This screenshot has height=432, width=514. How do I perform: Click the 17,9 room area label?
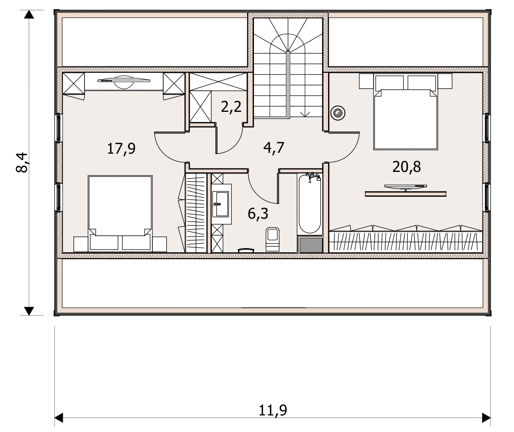(121, 149)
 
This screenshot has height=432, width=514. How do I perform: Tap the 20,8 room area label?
(406, 167)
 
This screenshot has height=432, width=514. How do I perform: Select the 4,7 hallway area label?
(274, 148)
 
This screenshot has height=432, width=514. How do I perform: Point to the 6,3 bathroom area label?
(258, 214)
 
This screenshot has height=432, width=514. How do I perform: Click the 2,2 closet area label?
(231, 107)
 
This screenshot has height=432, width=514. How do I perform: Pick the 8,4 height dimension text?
(22, 162)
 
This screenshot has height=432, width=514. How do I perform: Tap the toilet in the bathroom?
(273, 239)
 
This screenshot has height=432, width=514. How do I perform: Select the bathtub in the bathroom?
(310, 204)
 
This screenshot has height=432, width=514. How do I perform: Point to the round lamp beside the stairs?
(338, 113)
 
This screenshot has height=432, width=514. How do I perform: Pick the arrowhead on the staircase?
(305, 114)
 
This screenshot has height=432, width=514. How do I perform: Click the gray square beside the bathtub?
(311, 245)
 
